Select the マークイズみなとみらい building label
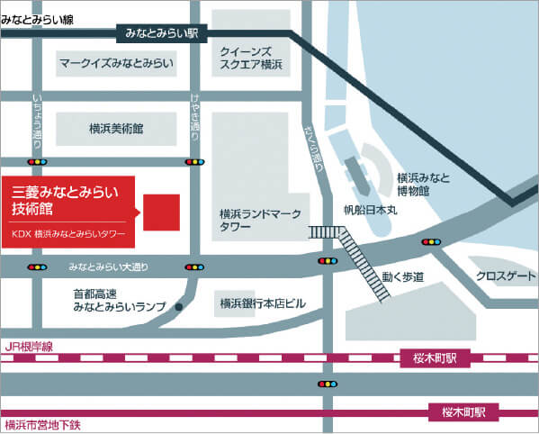(116, 64)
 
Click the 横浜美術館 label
(117, 129)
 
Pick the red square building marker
(162, 212)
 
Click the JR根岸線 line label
(29, 345)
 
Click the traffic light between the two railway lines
(328, 384)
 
